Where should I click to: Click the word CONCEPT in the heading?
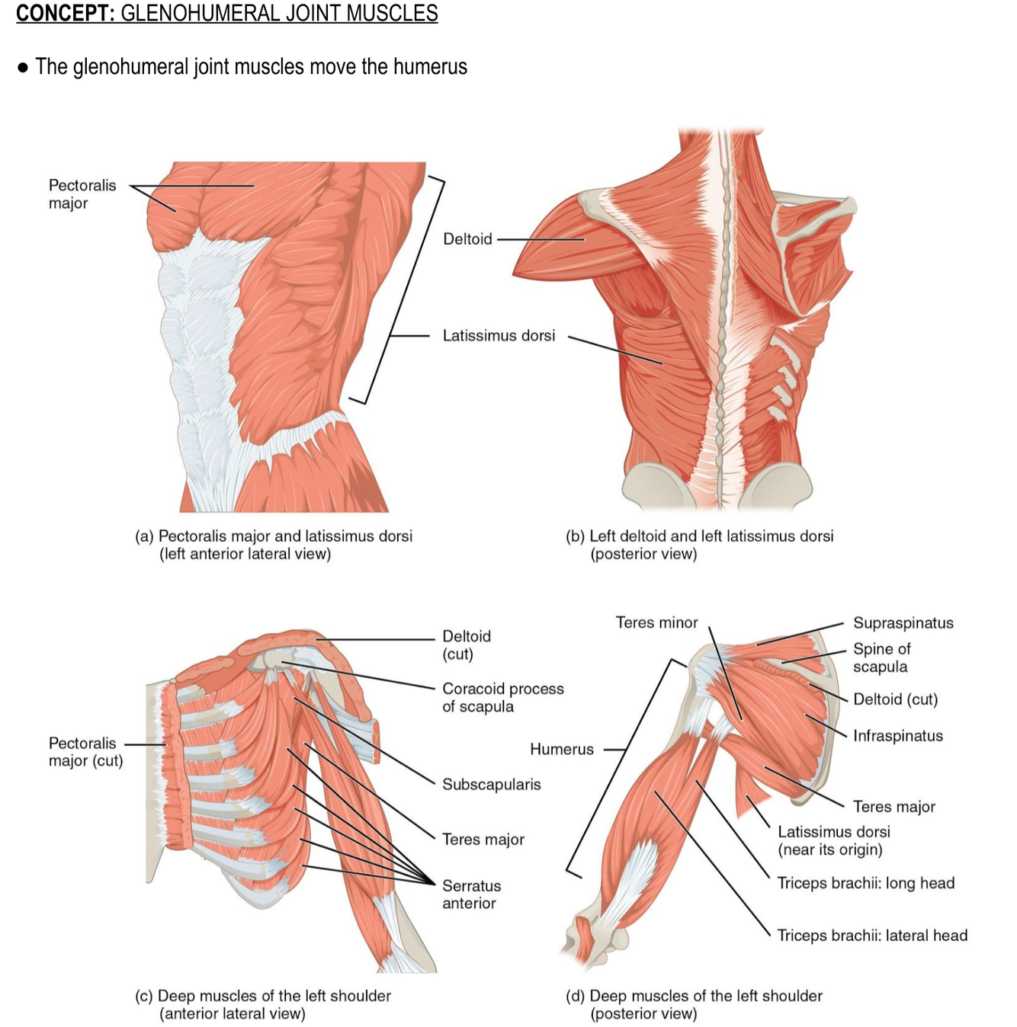[x=64, y=13]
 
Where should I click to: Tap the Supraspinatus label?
[x=903, y=622]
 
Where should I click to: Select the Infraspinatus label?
[x=897, y=735]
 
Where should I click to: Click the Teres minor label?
[x=656, y=622]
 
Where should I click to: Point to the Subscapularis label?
[x=491, y=784]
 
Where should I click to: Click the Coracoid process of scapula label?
[x=502, y=697]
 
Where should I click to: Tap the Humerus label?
[x=561, y=749]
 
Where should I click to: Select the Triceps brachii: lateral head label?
[x=871, y=935]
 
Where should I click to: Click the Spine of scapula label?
[x=881, y=657]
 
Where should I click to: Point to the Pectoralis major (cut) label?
[x=85, y=751]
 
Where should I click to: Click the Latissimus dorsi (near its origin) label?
[x=833, y=840]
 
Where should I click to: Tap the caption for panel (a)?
[x=274, y=544]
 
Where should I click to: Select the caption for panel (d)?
[x=694, y=1003]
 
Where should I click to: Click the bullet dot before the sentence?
[x=23, y=67]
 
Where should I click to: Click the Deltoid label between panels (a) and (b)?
[x=467, y=238]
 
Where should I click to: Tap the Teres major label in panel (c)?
[x=483, y=839]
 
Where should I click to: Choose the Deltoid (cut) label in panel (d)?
[x=895, y=699]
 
